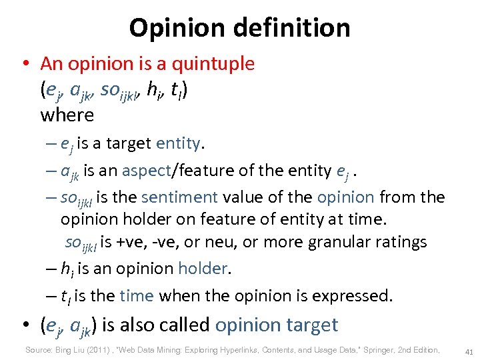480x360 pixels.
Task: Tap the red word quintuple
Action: pos(213,64)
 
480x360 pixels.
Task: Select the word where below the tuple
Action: pos(67,115)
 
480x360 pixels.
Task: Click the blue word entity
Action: pos(179,143)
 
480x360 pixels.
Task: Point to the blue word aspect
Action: pos(147,170)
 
